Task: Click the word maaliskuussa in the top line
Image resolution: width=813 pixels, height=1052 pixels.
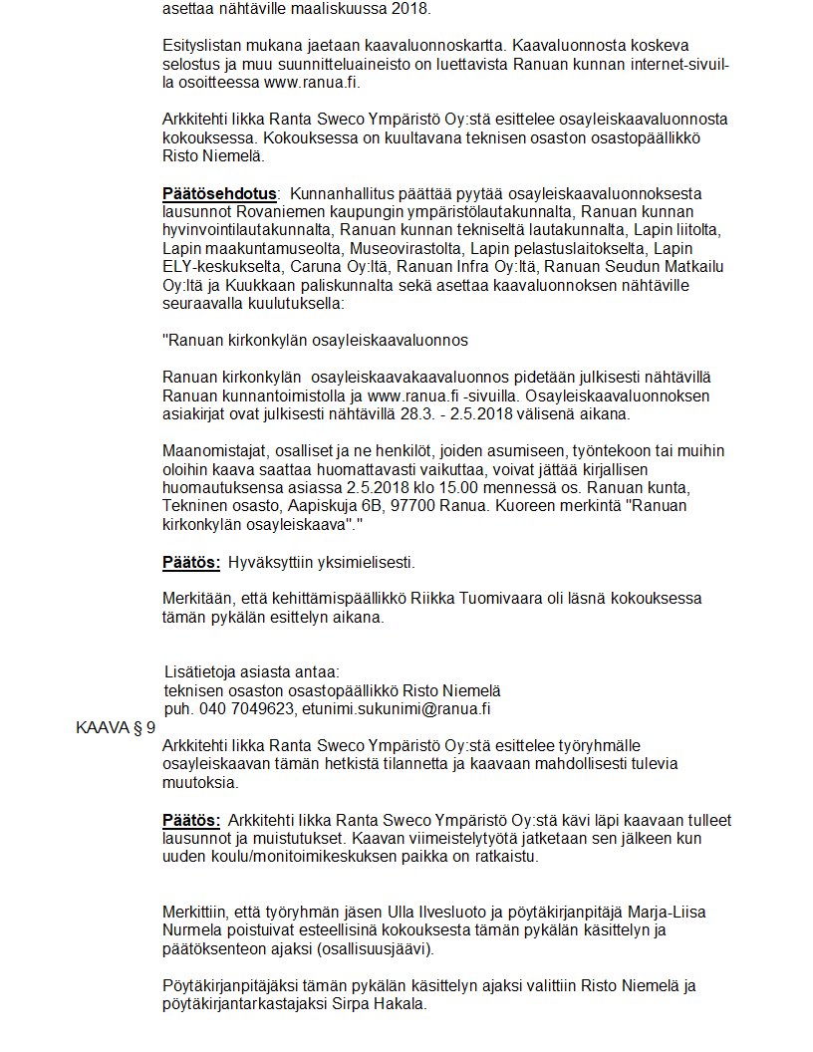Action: (320, 9)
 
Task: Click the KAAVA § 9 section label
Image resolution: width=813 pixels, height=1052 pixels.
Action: (116, 727)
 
